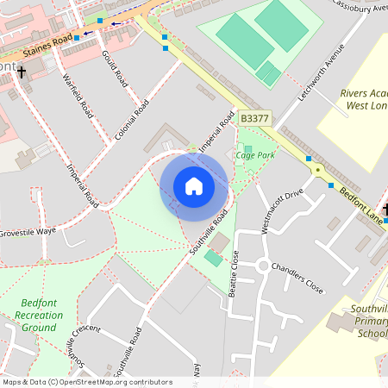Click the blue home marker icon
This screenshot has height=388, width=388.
click(x=194, y=186)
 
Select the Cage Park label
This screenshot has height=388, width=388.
click(x=255, y=155)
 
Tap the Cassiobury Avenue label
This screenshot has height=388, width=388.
click(x=356, y=7)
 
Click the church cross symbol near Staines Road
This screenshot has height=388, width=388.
click(x=21, y=72)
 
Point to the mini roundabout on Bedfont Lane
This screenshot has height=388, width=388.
click(x=317, y=170)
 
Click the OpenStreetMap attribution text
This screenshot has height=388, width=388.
click(x=86, y=381)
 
